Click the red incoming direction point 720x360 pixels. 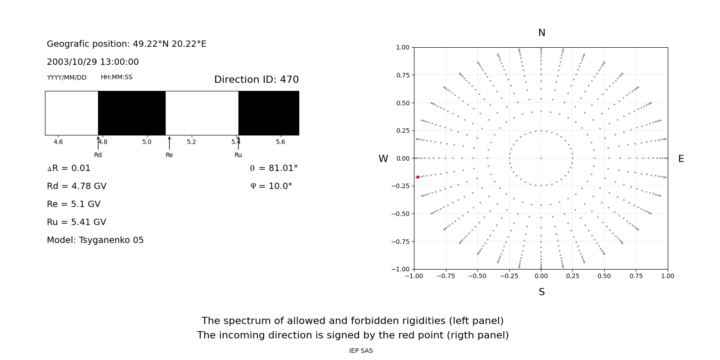pyautogui.click(x=418, y=177)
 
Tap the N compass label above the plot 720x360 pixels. pyautogui.click(x=541, y=33)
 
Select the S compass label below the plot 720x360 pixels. pyautogui.click(x=541, y=292)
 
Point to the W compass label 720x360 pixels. pyautogui.click(x=383, y=159)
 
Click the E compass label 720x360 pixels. pyautogui.click(x=681, y=159)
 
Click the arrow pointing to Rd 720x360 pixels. pyautogui.click(x=98, y=143)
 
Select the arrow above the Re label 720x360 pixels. pyautogui.click(x=169, y=143)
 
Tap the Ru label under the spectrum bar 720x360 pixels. pyautogui.click(x=238, y=155)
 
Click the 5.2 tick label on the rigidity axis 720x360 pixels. pyautogui.click(x=191, y=142)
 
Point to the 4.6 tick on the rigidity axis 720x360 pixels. pyautogui.click(x=58, y=142)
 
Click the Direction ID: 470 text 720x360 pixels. pyautogui.click(x=256, y=80)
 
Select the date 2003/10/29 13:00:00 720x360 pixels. pyautogui.click(x=93, y=62)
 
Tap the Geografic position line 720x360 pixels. pyautogui.click(x=126, y=44)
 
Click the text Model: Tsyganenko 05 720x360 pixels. pyautogui.click(x=95, y=240)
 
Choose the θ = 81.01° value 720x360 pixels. pyautogui.click(x=274, y=168)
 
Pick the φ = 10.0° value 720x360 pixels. pyautogui.click(x=271, y=186)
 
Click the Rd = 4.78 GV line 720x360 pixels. pyautogui.click(x=76, y=186)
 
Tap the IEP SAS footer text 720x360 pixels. pyautogui.click(x=360, y=351)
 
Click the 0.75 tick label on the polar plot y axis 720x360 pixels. pyautogui.click(x=402, y=75)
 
